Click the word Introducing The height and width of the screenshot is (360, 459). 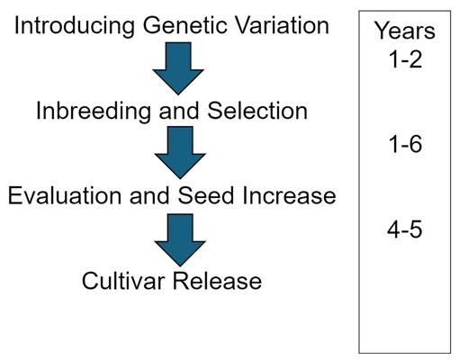click(75, 26)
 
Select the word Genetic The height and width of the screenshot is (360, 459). click(185, 25)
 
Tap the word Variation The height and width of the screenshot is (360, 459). click(282, 25)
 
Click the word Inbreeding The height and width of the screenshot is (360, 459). click(94, 112)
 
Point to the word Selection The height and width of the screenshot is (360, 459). click(257, 111)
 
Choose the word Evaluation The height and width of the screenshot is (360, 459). click(65, 195)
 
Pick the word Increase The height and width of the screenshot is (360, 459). click(289, 195)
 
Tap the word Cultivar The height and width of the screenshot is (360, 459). click(123, 281)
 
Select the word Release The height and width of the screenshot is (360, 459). click(217, 281)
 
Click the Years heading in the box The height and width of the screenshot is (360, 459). click(405, 31)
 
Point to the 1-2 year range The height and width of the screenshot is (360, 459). click(405, 59)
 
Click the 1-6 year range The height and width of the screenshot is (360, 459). click(405, 144)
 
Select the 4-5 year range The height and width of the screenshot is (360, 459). click(405, 229)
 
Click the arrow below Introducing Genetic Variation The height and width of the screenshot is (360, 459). click(178, 68)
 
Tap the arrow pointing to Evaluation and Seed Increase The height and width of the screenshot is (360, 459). click(180, 153)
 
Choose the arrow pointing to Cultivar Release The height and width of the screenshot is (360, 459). click(180, 240)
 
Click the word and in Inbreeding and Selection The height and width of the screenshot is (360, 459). click(179, 111)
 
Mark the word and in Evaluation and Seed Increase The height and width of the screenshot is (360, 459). click(149, 195)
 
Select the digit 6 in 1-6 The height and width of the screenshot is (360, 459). click(416, 144)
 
